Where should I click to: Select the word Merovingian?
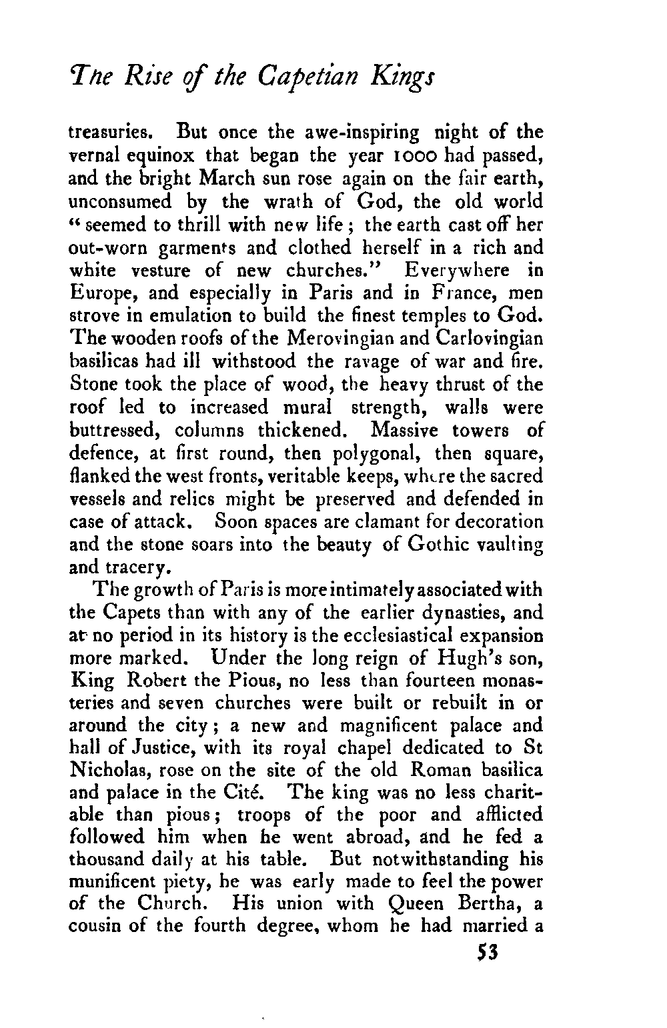click(x=327, y=339)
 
